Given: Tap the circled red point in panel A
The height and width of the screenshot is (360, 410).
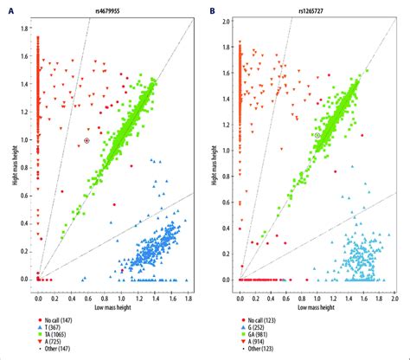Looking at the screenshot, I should point(86,140).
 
